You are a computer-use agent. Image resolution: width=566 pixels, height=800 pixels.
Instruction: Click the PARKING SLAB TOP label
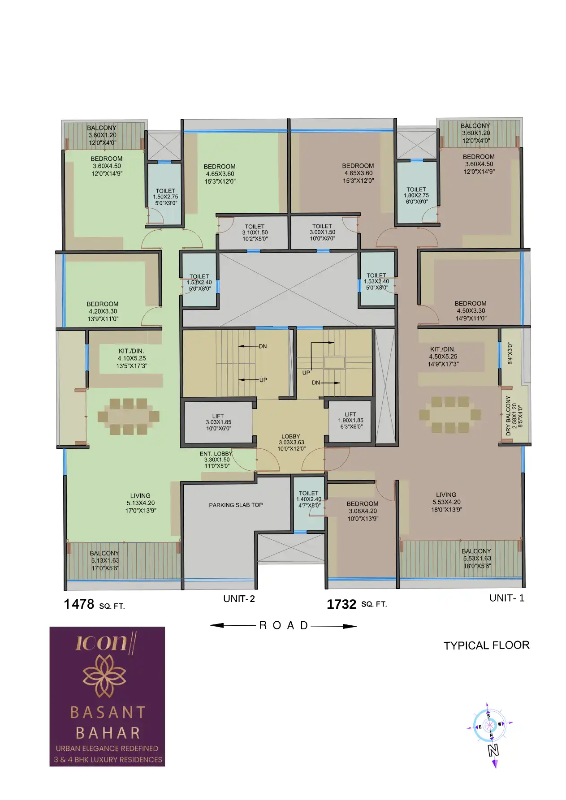click(236, 505)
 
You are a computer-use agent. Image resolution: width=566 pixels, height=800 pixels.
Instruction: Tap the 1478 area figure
click(79, 604)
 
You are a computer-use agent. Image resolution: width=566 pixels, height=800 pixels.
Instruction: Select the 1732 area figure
click(341, 605)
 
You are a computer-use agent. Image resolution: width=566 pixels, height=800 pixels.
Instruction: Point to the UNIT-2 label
click(239, 599)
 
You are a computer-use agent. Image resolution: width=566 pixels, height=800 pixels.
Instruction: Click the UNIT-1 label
click(507, 598)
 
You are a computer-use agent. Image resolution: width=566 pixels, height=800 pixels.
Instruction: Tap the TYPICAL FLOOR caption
click(487, 645)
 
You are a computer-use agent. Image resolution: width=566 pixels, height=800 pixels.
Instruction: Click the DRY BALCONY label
click(508, 416)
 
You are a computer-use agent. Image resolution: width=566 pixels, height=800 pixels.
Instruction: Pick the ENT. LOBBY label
click(216, 454)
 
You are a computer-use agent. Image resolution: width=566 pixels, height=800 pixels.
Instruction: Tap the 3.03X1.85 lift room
click(218, 422)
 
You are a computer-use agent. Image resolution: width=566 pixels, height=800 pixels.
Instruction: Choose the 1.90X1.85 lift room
click(350, 421)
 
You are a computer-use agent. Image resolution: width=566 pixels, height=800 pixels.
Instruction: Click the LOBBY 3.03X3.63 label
click(291, 443)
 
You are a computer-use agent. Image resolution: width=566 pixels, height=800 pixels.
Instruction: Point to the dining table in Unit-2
click(128, 417)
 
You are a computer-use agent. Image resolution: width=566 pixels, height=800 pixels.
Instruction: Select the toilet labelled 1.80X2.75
click(417, 193)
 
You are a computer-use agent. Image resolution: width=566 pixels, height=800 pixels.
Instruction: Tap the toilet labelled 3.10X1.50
click(254, 232)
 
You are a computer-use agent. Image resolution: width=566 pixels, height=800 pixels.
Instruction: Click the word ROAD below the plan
click(284, 626)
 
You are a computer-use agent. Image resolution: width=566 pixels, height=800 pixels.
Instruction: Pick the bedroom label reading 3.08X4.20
click(363, 511)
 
